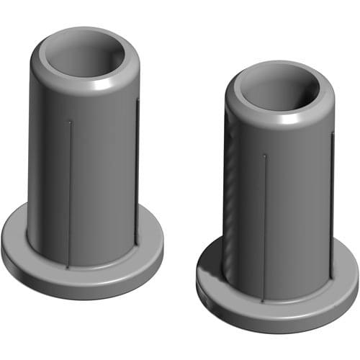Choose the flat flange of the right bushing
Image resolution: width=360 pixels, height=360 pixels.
(x=216, y=288)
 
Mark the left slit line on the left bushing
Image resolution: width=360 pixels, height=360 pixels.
(x=70, y=194)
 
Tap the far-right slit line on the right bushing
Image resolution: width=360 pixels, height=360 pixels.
(x=330, y=209)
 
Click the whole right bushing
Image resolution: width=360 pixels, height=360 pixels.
(x=277, y=202)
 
